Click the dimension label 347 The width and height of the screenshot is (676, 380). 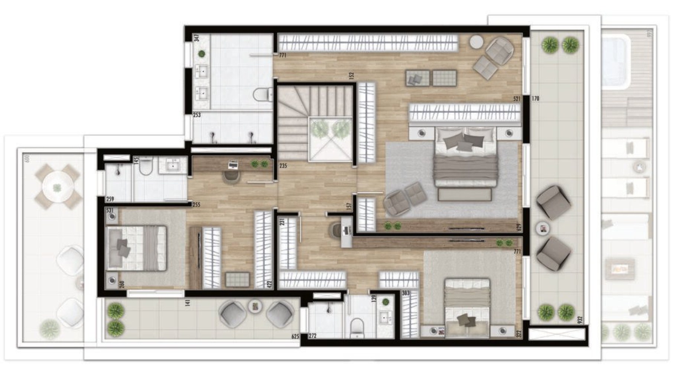pos(196,38)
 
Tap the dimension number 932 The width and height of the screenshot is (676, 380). pos(580,319)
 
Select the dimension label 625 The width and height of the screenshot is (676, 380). pos(295,337)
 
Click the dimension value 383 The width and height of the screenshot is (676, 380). pos(406,293)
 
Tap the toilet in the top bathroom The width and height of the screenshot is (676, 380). pos(261,95)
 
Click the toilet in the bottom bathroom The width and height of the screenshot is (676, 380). pos(357,327)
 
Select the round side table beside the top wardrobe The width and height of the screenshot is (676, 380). pos(476,42)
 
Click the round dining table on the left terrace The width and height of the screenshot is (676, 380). pos(58,187)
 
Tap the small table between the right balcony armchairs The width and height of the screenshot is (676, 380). pos(543,229)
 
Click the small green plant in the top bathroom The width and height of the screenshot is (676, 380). pos(202,54)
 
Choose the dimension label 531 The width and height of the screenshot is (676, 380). pos(110,210)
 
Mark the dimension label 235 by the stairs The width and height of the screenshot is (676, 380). pos(283,166)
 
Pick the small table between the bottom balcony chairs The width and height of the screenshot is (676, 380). pos(255,307)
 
